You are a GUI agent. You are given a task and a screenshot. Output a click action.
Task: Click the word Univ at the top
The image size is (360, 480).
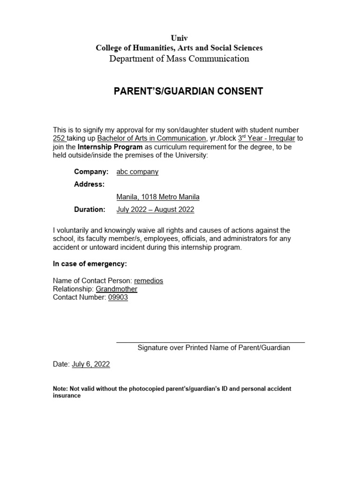point(179,38)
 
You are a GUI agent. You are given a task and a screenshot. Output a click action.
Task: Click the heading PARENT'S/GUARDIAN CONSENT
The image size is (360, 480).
point(188,91)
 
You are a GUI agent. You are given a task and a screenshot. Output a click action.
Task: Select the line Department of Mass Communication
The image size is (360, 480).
point(179,59)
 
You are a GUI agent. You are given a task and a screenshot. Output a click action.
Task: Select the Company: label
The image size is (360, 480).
point(91,172)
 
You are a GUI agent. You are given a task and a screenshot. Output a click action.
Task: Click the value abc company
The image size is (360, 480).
point(137,172)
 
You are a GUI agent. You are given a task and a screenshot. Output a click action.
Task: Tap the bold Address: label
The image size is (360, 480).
point(89,185)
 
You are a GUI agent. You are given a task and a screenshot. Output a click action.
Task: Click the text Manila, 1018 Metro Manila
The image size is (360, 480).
point(158,197)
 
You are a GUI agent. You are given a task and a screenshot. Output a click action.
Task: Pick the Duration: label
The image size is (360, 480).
point(90,210)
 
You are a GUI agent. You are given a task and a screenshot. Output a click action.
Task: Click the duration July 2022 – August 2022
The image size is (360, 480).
point(155,210)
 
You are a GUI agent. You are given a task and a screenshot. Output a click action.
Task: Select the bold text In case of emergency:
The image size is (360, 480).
point(90,264)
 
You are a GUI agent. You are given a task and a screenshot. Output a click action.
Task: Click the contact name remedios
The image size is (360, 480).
point(149,281)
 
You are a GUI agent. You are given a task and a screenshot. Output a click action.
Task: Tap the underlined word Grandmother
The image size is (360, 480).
point(117,289)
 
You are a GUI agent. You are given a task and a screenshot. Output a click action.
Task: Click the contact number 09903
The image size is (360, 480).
point(118,298)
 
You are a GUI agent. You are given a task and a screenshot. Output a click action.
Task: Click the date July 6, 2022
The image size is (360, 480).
point(91,364)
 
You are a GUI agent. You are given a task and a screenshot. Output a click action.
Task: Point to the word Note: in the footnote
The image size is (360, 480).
point(60,389)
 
